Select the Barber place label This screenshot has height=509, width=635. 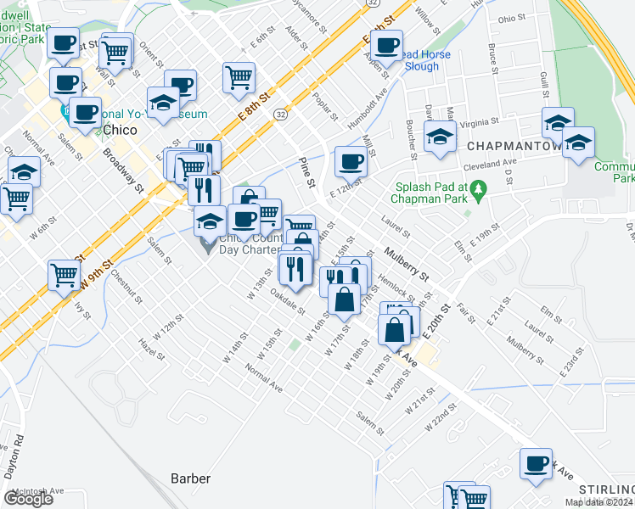[x=189, y=478]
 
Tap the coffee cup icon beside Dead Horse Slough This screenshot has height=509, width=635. [x=387, y=46]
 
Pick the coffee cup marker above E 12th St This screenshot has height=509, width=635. [x=350, y=159]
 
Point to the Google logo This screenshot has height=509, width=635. [x=28, y=499]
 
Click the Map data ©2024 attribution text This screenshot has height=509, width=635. [x=598, y=502]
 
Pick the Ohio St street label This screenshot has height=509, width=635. [x=512, y=18]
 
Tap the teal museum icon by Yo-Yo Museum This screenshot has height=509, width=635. [x=65, y=111]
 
